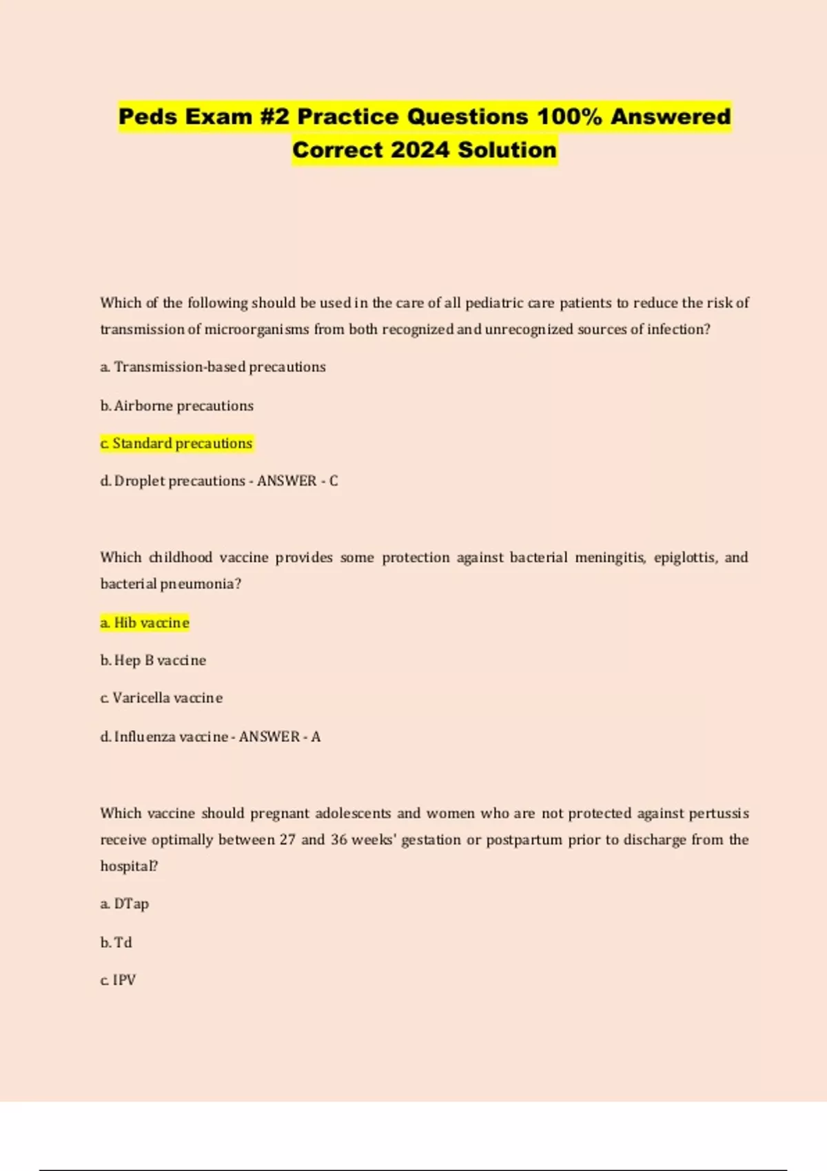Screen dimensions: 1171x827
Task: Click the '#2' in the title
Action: click(275, 116)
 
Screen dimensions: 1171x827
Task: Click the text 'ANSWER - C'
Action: click(297, 481)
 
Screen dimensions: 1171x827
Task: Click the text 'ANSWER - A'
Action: click(279, 736)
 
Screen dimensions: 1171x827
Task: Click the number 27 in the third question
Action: click(287, 840)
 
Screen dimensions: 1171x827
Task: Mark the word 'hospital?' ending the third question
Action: click(129, 866)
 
